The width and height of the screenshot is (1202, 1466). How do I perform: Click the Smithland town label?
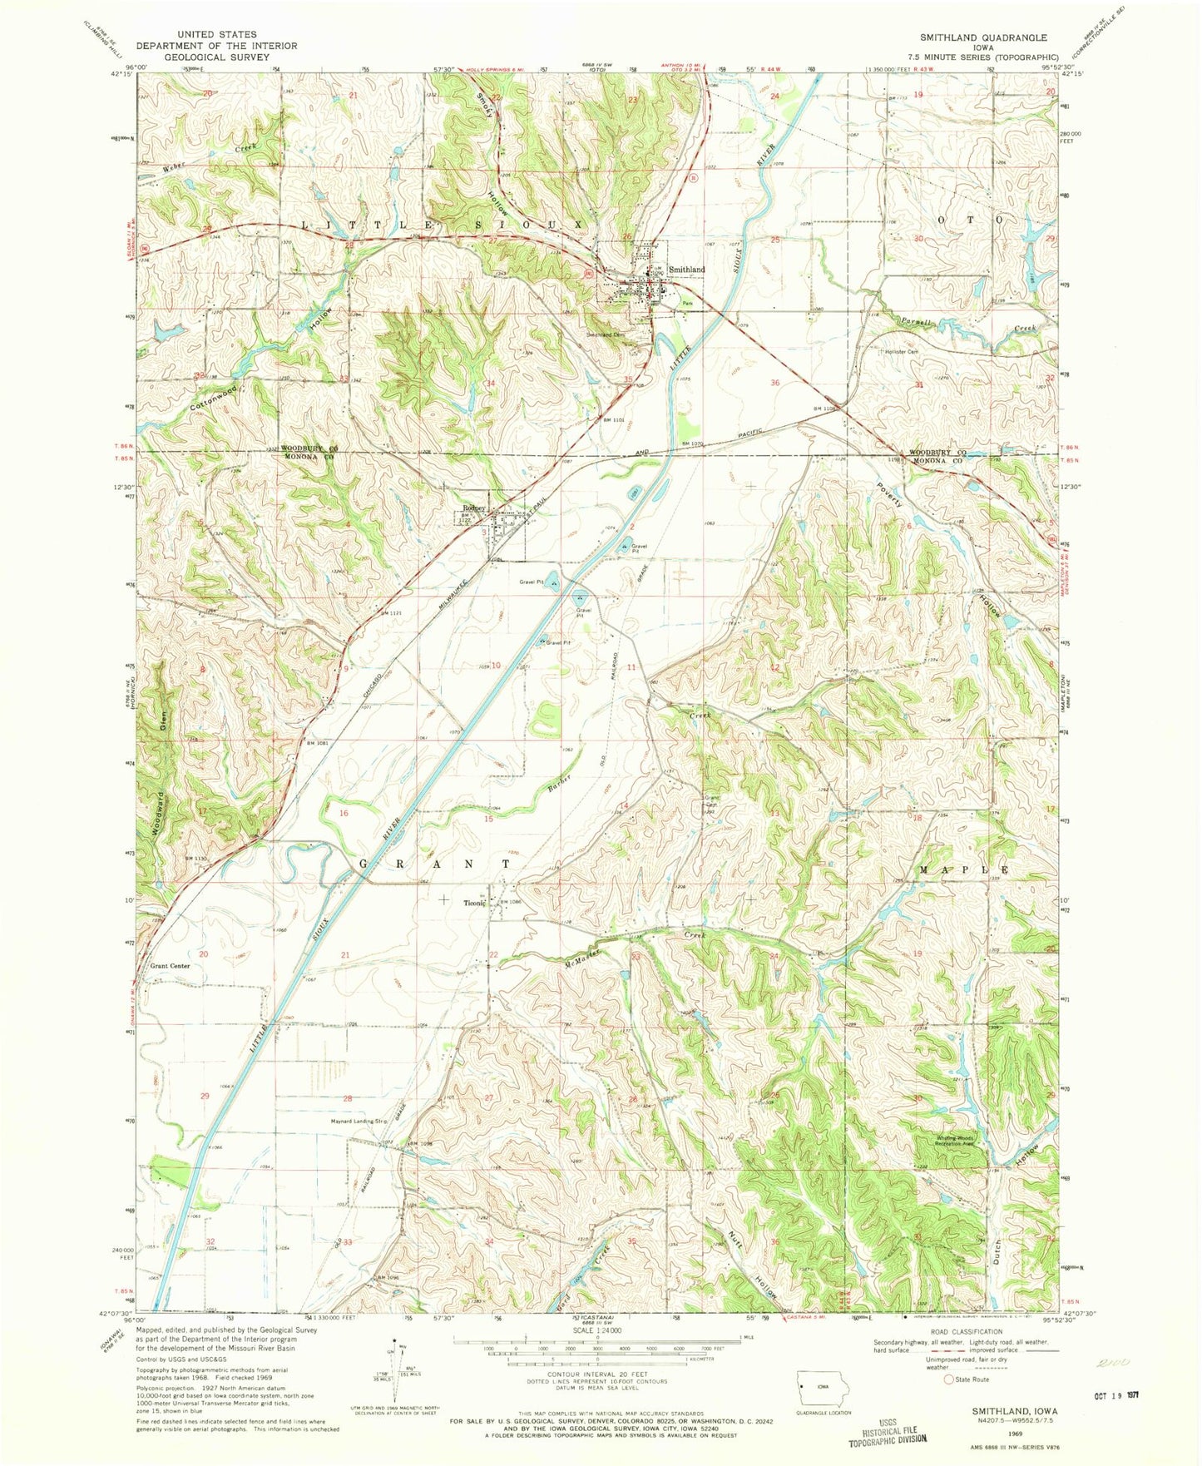686,270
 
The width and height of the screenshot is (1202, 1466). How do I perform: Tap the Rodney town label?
473,510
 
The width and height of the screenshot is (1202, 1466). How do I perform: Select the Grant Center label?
170,966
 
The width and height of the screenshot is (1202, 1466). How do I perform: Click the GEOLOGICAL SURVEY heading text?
202,57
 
